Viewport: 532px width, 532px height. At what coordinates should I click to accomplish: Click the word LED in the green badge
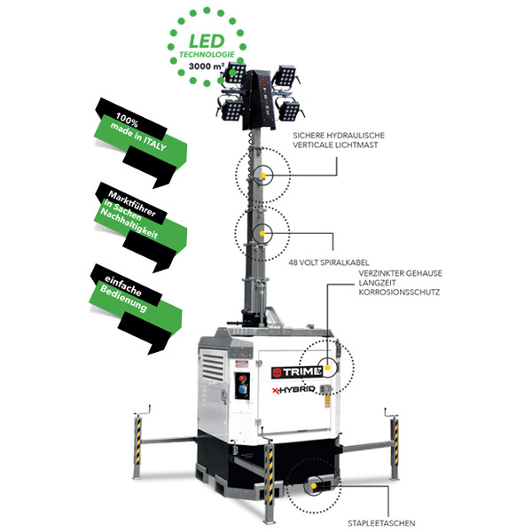[207, 42]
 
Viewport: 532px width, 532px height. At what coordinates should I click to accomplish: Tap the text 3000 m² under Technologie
[207, 66]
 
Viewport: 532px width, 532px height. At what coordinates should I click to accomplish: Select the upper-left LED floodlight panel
[235, 73]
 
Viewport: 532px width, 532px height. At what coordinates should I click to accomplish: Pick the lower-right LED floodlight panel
[289, 111]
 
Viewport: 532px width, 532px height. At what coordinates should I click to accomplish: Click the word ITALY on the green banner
[154, 143]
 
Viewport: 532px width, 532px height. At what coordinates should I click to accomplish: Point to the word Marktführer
[132, 203]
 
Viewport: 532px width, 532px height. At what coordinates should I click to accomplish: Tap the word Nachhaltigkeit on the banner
[129, 223]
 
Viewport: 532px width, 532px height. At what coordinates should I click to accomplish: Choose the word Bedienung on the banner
[123, 298]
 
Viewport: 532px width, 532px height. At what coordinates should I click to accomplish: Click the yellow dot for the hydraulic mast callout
[263, 176]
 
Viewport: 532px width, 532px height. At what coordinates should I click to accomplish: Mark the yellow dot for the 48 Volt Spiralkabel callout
[262, 233]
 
